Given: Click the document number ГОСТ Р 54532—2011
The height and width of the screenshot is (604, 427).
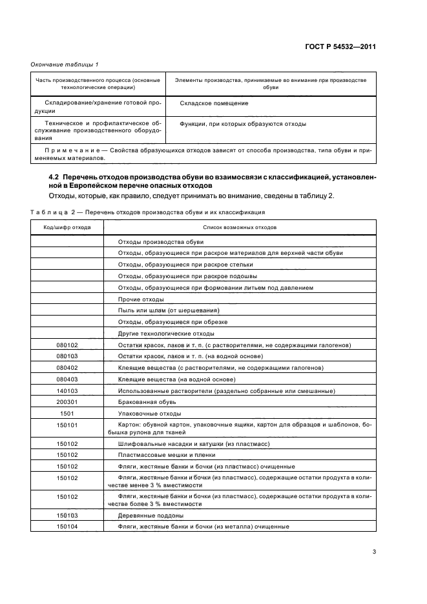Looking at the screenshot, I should pos(340,47).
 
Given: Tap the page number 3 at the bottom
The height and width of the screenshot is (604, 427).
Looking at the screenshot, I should pos(374,551).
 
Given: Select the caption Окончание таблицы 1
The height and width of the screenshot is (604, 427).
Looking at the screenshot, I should pos(65,65).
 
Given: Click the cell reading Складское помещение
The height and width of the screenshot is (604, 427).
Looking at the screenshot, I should pos(214,103).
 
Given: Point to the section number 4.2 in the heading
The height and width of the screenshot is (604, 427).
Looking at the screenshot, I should pos(55,176).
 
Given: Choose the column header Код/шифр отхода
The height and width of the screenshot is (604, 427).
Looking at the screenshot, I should pos(67,227).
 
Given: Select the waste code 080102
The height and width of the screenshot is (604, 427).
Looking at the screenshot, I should pos(67,345).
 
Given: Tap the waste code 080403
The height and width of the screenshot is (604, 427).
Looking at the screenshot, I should pos(67,379).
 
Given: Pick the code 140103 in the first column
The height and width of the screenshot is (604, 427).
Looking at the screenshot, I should pos(67,390).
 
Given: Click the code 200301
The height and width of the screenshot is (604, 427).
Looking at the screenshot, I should pos(67,402).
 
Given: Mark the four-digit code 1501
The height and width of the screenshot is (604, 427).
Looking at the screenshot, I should pos(67,413).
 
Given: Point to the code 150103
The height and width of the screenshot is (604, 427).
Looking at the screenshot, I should pos(67,515).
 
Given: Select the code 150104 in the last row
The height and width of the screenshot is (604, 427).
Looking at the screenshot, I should pos(67,527).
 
